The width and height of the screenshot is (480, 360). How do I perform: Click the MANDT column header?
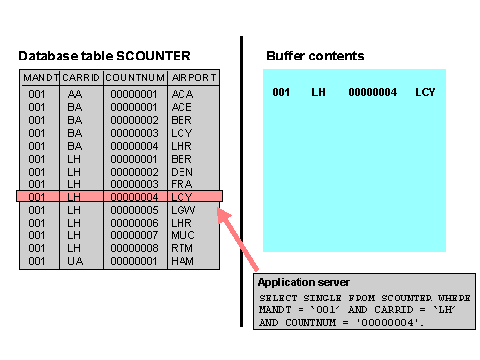click(41, 78)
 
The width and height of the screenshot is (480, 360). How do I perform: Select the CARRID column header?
click(81, 78)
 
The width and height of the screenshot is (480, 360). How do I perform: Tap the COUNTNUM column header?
click(135, 78)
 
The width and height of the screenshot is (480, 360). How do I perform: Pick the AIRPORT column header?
click(193, 78)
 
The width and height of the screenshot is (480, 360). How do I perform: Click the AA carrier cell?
click(75, 94)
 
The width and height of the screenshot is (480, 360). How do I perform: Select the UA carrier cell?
click(75, 261)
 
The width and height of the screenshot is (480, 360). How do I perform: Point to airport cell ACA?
click(182, 94)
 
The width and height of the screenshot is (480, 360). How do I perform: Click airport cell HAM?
click(182, 261)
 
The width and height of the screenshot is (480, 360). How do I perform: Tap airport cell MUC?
click(182, 235)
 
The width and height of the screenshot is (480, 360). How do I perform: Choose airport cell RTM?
click(181, 248)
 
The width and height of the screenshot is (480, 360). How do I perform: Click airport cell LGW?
click(183, 210)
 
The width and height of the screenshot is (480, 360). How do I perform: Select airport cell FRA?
click(181, 184)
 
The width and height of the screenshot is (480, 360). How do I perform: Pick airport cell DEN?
click(181, 172)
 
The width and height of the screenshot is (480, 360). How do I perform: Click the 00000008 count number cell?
click(134, 248)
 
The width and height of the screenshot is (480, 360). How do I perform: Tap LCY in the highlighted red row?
click(181, 197)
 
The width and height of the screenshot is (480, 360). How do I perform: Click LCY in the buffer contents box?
click(425, 92)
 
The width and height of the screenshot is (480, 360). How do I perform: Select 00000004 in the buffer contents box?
click(373, 92)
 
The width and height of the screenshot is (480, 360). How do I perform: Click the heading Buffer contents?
click(315, 56)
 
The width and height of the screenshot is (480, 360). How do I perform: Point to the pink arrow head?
click(223, 215)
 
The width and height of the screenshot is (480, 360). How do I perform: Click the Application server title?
click(303, 282)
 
